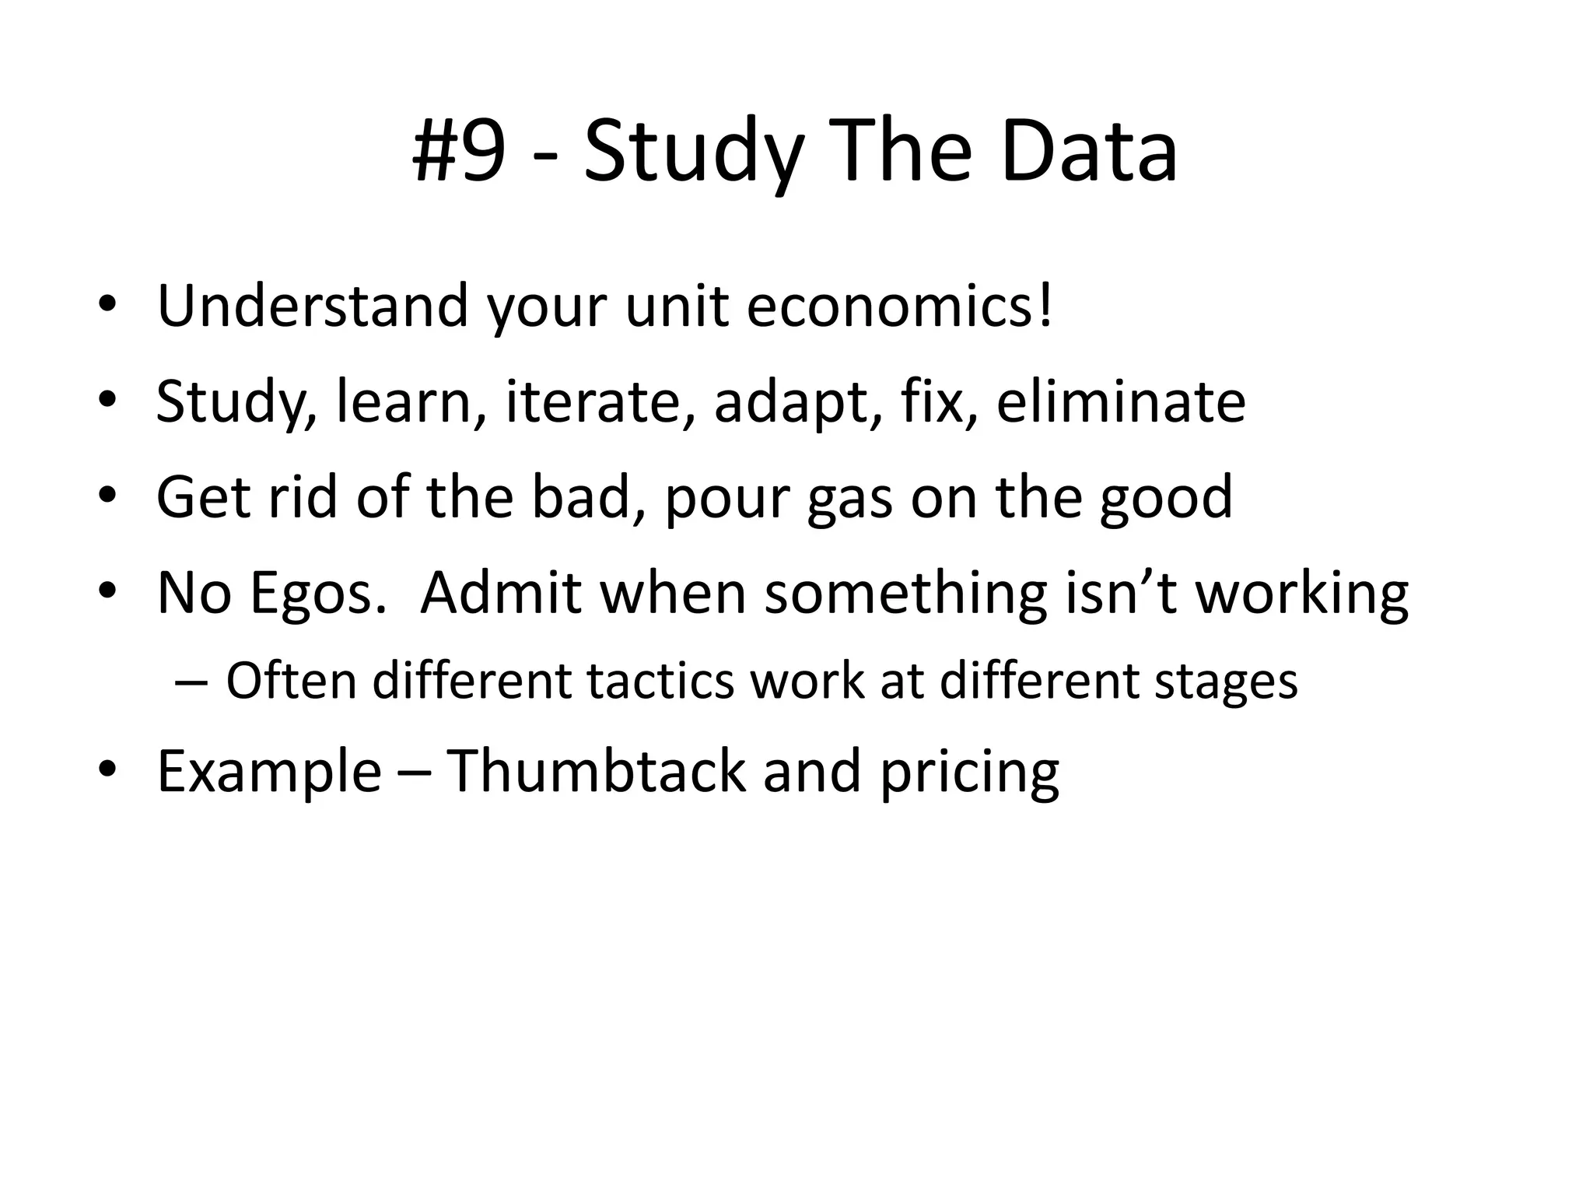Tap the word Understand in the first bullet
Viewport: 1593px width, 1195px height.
[x=313, y=306]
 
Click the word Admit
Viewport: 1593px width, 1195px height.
[x=501, y=593]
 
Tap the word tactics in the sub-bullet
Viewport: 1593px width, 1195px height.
[x=660, y=682]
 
